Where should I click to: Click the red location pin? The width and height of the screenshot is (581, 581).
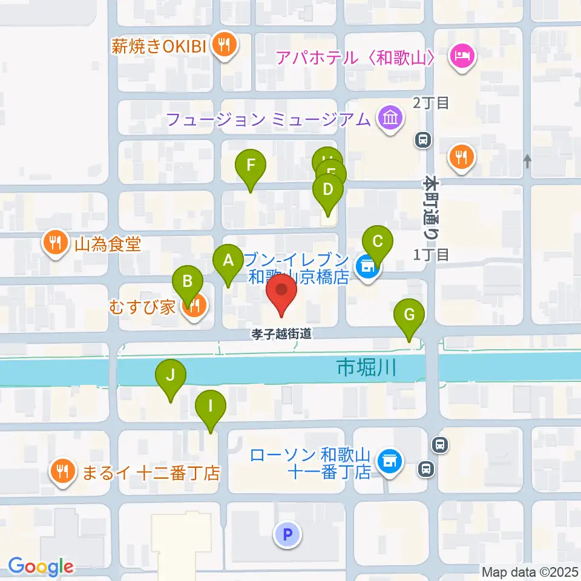click(282, 292)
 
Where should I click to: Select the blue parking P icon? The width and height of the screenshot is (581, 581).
click(287, 534)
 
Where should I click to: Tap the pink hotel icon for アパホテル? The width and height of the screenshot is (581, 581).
click(463, 57)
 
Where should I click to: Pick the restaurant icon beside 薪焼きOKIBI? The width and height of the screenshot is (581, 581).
click(225, 45)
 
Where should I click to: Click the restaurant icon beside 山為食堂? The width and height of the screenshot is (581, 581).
click(56, 243)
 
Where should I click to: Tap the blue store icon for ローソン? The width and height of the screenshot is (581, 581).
click(389, 461)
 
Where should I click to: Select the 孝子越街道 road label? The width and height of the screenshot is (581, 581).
click(283, 333)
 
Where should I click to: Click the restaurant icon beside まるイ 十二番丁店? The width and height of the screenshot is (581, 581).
click(62, 470)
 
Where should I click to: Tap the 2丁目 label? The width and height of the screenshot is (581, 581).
click(431, 103)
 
